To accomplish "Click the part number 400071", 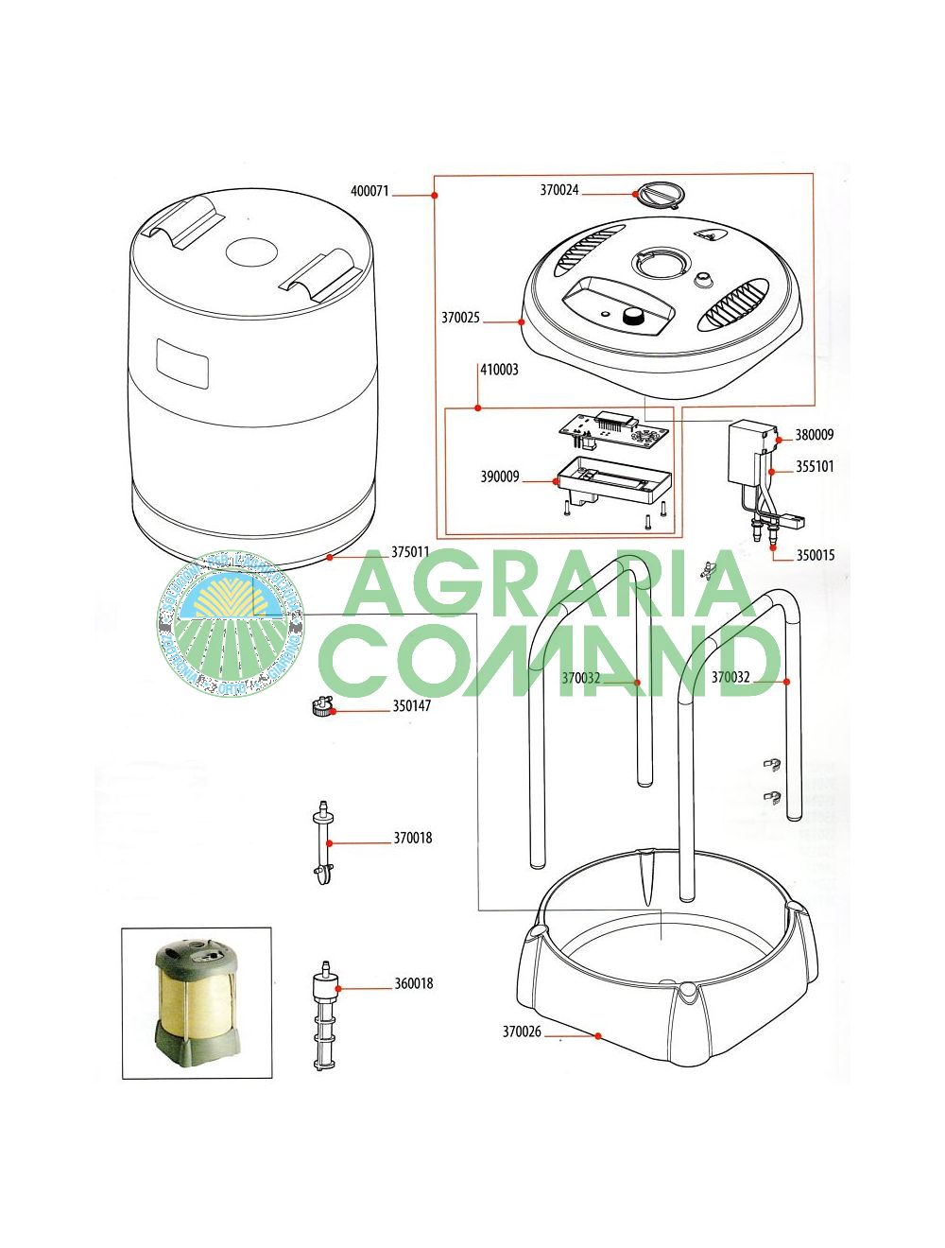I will tap(369, 191).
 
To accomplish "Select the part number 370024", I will tap(559, 190).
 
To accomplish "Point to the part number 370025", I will tap(460, 318).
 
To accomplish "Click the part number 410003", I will tap(499, 370).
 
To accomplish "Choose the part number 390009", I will tap(499, 477).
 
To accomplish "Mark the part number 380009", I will tap(814, 435).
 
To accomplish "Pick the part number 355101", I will tap(815, 466).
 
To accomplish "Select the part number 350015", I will tap(815, 555).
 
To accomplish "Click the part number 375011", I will tap(410, 552).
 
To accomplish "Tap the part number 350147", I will tap(411, 705).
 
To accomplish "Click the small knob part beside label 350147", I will tap(322, 706).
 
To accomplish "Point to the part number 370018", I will tap(412, 838).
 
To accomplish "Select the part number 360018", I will tap(413, 983).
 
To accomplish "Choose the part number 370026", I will tap(522, 1031).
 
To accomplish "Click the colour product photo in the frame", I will tap(197, 1002).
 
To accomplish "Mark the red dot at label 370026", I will tap(598, 1036).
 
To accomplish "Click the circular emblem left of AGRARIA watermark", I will tap(231, 623).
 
